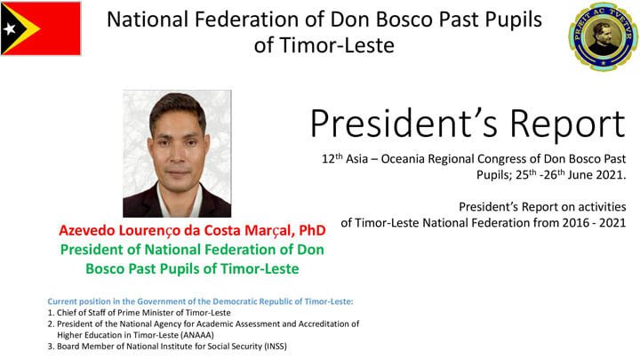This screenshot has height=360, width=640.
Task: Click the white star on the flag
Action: [9, 28]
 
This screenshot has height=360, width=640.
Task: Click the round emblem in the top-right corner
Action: [603, 36]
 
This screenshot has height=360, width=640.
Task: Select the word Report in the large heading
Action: [567, 124]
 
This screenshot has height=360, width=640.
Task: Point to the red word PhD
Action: [312, 230]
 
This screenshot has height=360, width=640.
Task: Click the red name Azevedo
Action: [86, 230]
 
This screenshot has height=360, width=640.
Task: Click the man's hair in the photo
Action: [178, 108]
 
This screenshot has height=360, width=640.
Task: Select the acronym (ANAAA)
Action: [196, 335]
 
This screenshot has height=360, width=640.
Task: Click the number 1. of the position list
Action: [51, 313]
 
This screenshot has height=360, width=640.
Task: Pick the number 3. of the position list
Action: [51, 347]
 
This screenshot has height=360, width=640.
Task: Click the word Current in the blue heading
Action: [62, 301]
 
